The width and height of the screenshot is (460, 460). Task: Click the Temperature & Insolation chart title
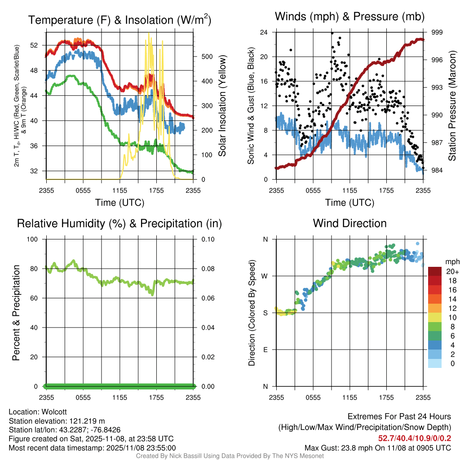(119, 20)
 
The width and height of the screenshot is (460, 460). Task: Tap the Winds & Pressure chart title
(350, 17)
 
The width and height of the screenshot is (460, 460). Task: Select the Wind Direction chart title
(349, 223)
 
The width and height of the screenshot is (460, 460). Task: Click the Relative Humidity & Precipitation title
(119, 223)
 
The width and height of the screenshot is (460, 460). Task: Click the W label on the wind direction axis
(265, 276)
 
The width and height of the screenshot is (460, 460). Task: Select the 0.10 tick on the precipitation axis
(207, 239)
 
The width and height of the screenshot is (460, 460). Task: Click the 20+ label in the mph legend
(452, 271)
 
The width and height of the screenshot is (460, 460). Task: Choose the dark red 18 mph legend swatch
(435, 280)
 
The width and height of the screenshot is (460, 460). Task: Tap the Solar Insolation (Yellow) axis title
(222, 106)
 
